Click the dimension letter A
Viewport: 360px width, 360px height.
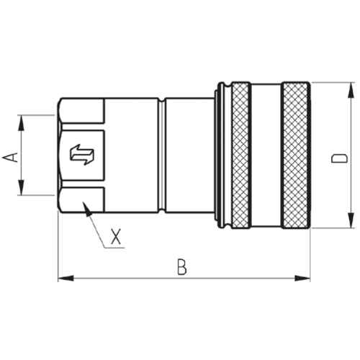(11, 158)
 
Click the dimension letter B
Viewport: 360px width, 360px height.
(182, 267)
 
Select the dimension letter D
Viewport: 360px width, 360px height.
(339, 159)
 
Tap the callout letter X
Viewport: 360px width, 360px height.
(116, 236)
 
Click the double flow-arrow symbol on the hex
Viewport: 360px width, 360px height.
(82, 155)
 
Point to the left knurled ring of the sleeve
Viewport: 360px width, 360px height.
(240, 156)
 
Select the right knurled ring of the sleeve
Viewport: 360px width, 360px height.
(296, 156)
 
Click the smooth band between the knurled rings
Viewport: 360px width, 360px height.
(266, 156)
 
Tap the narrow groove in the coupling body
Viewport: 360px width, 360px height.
(162, 156)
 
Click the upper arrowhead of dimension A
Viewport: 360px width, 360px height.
(22, 123)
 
